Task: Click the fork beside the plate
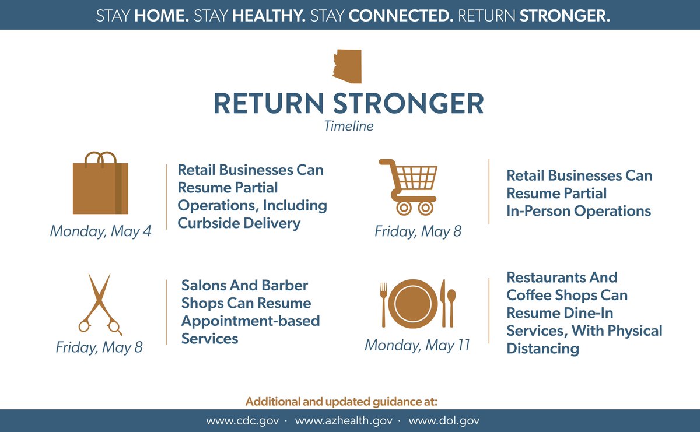coord(383,304)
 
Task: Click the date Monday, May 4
coord(100,231)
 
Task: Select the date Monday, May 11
coord(417,345)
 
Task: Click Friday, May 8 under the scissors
coord(99,347)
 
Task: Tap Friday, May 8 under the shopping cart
coord(418,231)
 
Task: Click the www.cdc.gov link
coord(245,420)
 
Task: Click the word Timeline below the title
coord(349,125)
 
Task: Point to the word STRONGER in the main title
coord(408,104)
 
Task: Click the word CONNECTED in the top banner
coord(401,15)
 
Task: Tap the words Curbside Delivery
coord(239,223)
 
